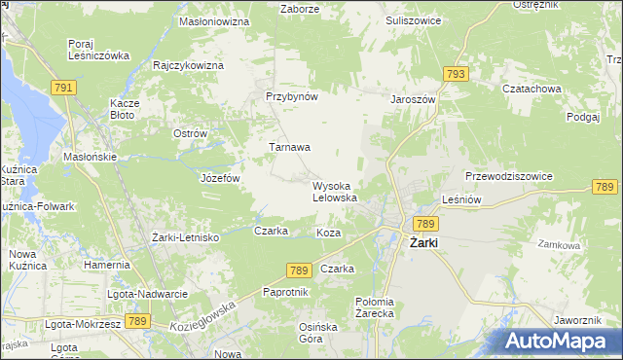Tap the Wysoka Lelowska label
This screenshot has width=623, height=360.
coord(334,192)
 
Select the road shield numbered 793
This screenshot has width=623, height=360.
coord(455,74)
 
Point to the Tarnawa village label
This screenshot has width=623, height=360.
coord(289,148)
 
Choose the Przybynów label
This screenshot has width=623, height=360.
coord(292,97)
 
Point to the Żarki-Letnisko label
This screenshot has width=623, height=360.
coord(186,237)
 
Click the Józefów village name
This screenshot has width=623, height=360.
coord(219,179)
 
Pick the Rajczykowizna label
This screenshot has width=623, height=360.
coord(189,65)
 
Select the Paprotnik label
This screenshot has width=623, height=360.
coord(286,292)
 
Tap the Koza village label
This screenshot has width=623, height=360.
coord(328,234)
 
